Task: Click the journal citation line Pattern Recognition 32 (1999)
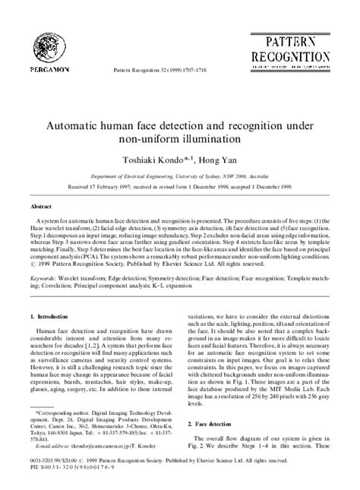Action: click(159, 68)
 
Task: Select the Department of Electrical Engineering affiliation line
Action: click(179, 173)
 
